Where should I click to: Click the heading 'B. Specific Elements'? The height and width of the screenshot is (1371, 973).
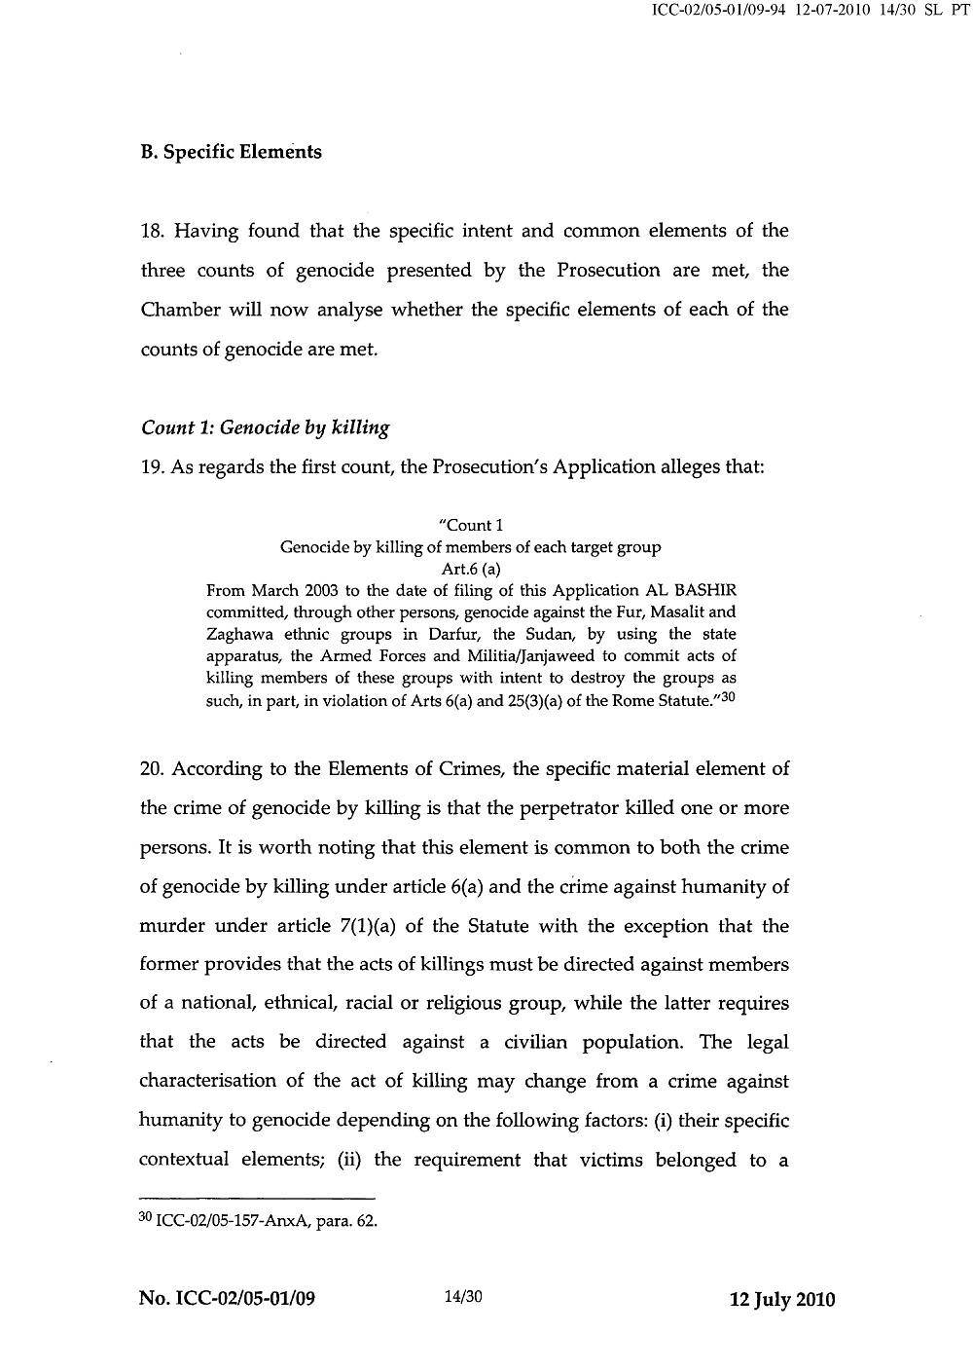(x=231, y=153)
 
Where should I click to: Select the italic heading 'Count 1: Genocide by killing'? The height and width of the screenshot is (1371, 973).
(x=265, y=427)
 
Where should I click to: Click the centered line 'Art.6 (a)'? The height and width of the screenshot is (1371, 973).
(x=471, y=570)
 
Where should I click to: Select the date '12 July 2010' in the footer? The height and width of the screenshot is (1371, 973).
(x=782, y=1300)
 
